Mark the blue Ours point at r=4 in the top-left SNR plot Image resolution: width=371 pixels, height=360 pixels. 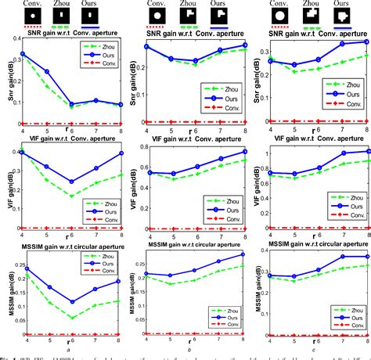pyautogui.click(x=22, y=54)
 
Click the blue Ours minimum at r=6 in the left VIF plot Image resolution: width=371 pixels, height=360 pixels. pyautogui.click(x=71, y=182)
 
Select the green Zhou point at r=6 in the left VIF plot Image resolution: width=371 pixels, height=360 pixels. pyautogui.click(x=71, y=196)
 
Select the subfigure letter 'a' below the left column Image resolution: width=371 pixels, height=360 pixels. pyautogui.click(x=70, y=351)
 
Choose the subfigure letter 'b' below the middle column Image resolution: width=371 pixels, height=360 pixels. pyautogui.click(x=193, y=351)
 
